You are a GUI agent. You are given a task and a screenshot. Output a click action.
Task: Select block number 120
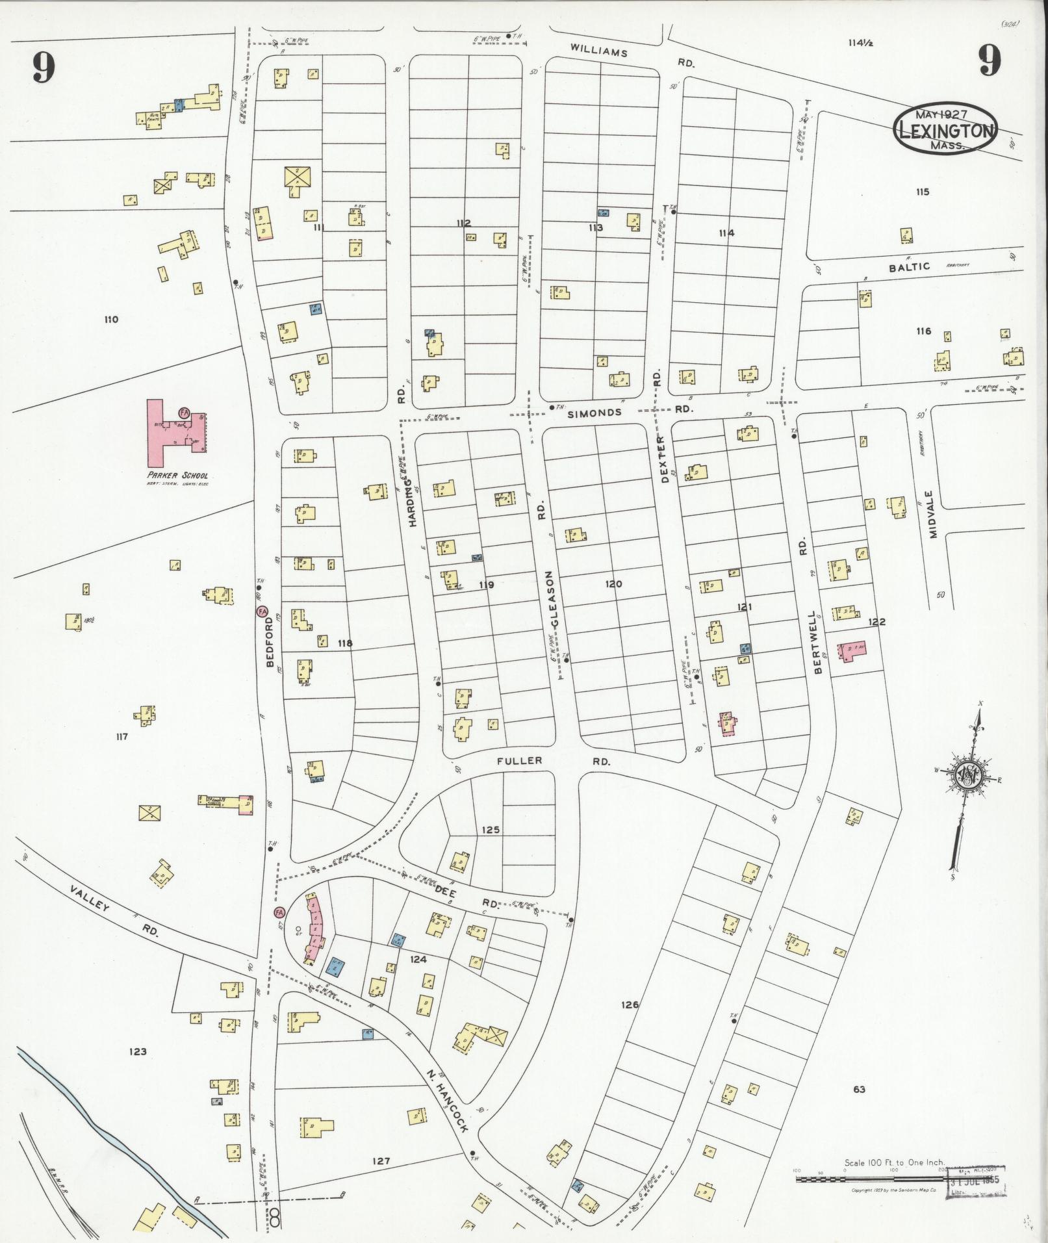[x=613, y=584]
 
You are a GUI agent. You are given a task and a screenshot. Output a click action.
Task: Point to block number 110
[x=111, y=319]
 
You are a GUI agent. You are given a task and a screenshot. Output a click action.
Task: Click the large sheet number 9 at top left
[x=43, y=67]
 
